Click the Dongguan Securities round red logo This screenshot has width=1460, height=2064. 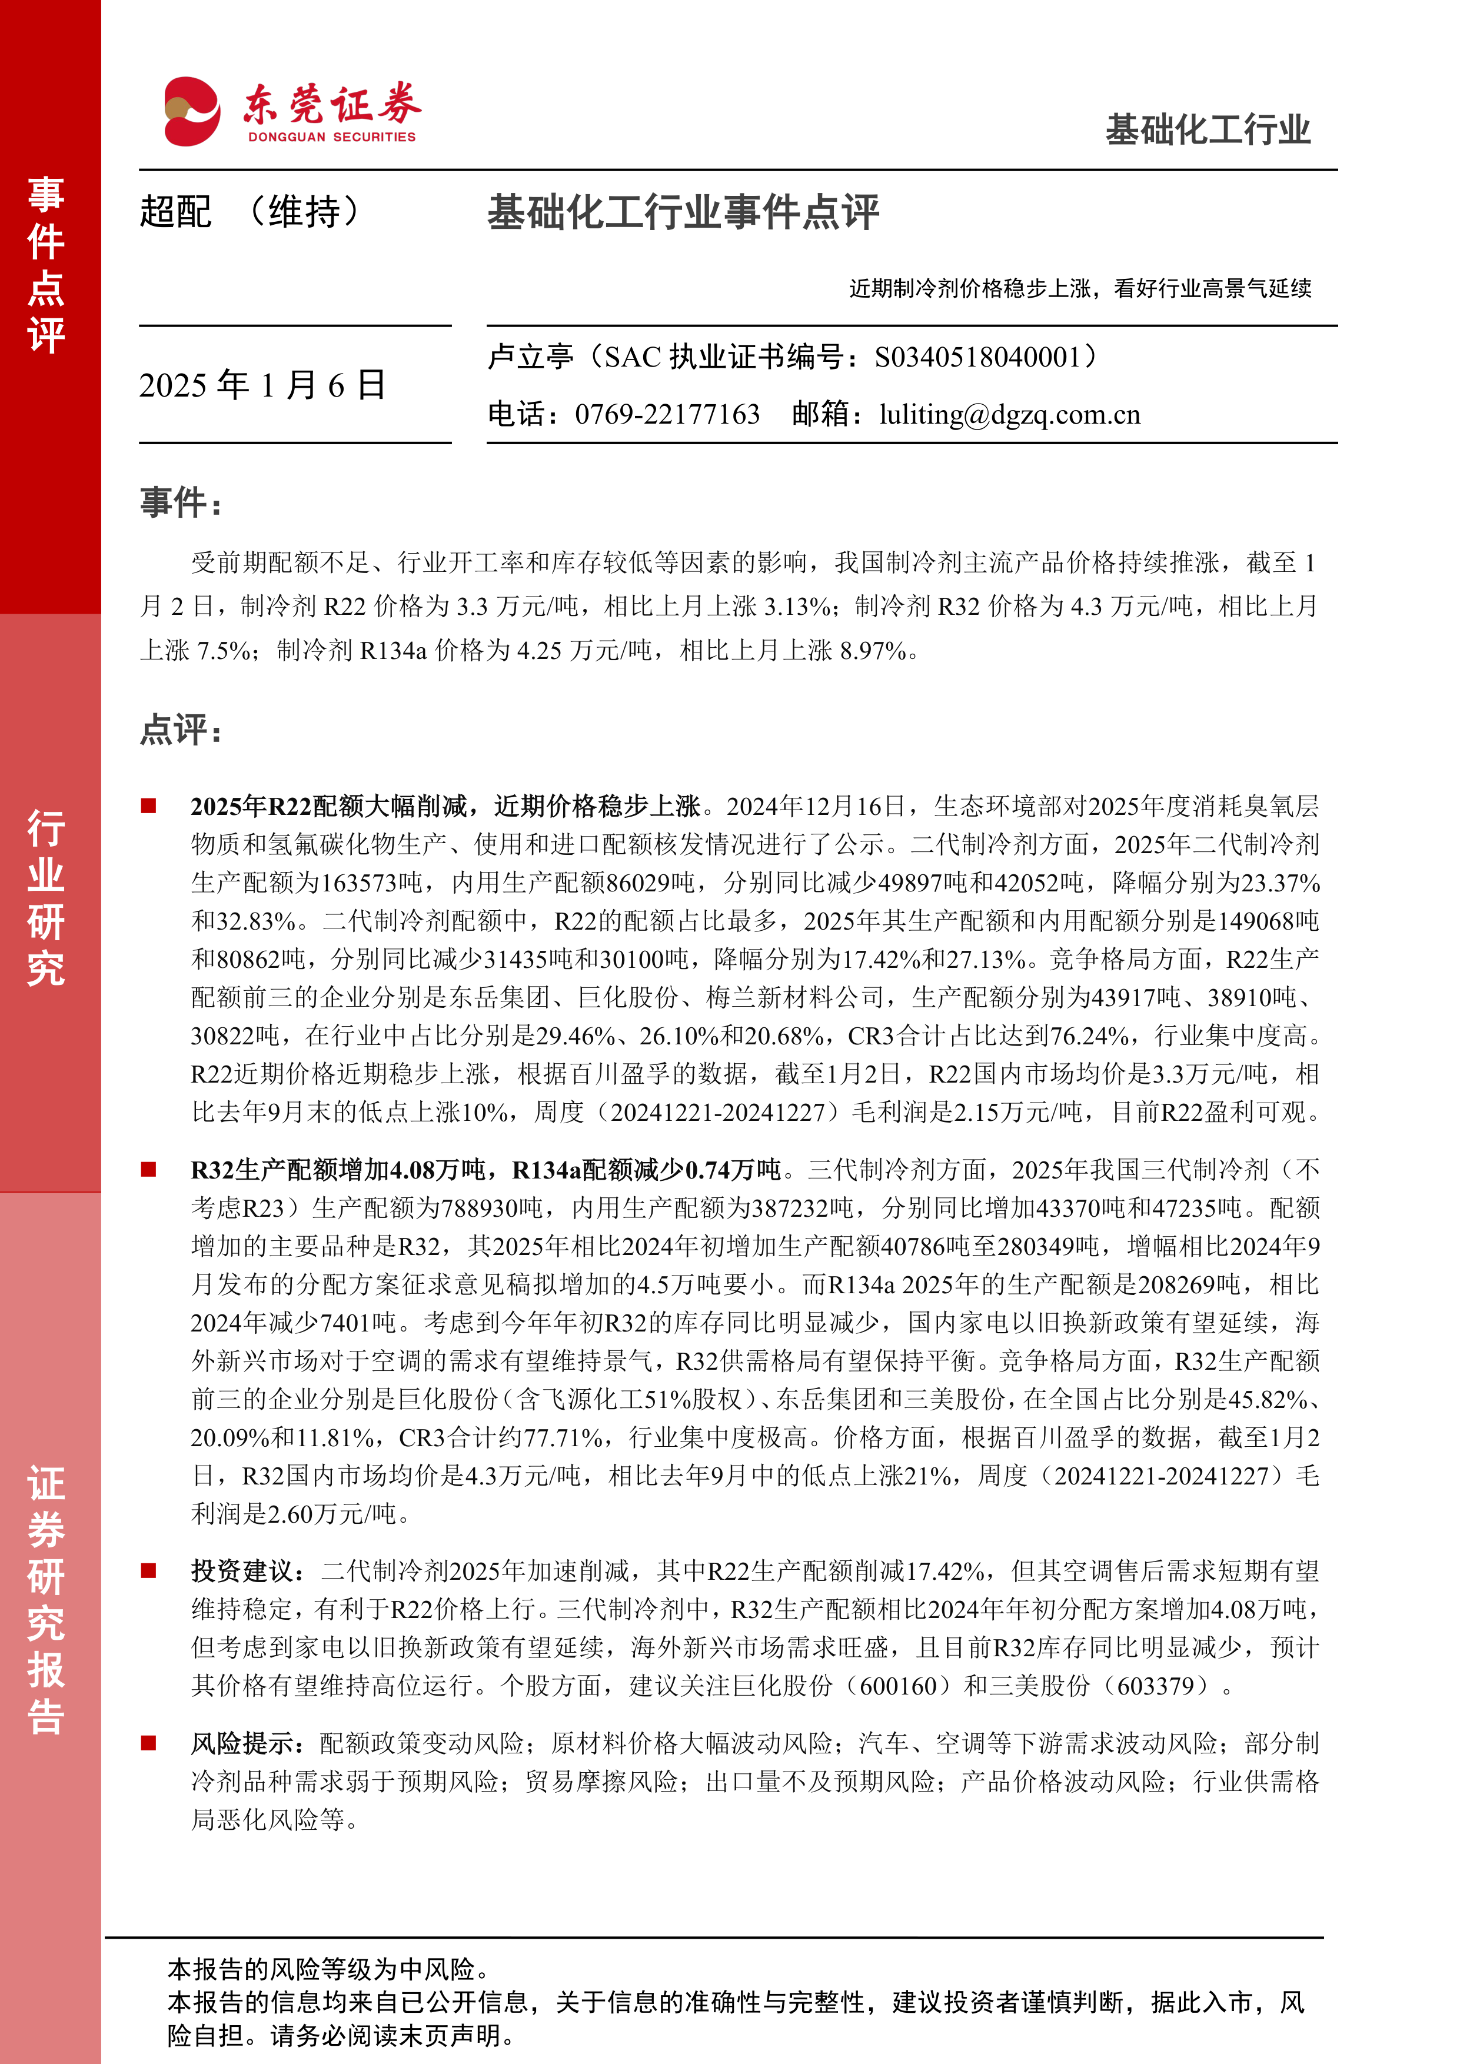coord(191,111)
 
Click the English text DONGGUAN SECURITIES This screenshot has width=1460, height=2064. coord(332,138)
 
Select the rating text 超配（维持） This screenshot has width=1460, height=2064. coord(250,213)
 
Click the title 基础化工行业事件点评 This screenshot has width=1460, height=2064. coord(683,213)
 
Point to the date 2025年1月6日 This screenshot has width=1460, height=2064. coord(262,385)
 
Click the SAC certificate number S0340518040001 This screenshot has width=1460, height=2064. coord(977,358)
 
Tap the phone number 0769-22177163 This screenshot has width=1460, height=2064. coord(667,414)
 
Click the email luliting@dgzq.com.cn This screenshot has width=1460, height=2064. coord(1010,414)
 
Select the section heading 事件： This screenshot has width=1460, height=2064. coord(181,502)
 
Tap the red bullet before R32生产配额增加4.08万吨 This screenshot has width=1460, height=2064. coord(148,1170)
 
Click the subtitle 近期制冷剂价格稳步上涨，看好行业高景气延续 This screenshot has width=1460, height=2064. coord(1080,288)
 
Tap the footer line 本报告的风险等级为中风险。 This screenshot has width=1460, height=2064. coord(328,1970)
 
